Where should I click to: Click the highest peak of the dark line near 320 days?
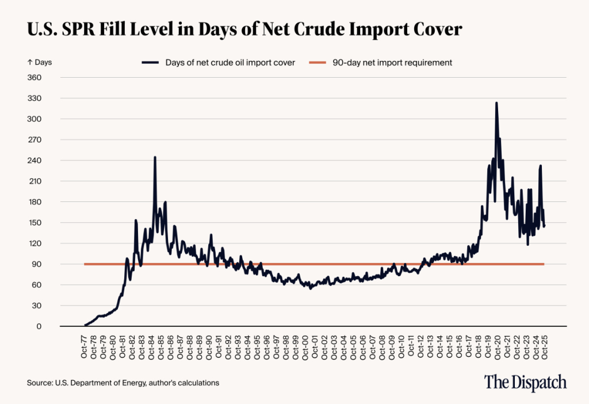click(496, 103)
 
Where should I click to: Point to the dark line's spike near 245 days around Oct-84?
click(155, 157)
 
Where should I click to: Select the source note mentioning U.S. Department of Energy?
click(123, 382)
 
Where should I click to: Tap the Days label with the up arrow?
click(39, 62)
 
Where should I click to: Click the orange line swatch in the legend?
click(320, 62)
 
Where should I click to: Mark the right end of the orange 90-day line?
click(544, 264)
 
